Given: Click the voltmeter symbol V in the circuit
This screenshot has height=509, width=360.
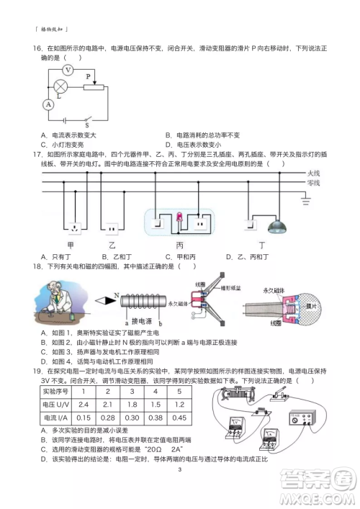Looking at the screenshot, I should pos(68,70).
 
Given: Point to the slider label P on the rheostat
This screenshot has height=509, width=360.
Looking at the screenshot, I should pos(88,75).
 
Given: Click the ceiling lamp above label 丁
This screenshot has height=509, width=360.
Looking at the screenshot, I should pos(276,227).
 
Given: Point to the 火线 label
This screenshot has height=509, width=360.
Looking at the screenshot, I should pos(313,174).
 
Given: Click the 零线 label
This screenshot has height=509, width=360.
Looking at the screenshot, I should pos(313,184).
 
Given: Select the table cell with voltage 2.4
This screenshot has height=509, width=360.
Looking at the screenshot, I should pos(84,404).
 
